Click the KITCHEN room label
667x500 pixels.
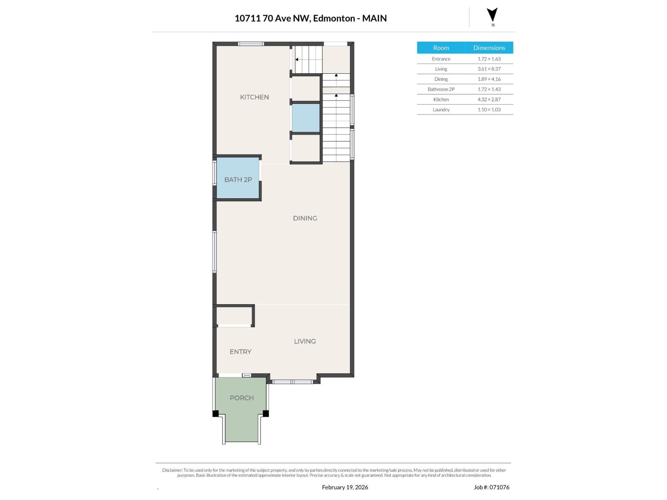click(x=254, y=97)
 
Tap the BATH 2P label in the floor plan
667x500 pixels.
click(x=238, y=180)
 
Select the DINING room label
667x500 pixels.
click(x=305, y=218)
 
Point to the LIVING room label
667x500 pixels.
click(x=304, y=341)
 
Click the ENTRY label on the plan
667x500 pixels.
click(x=240, y=352)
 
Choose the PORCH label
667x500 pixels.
click(x=241, y=397)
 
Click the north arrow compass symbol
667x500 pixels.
click(x=492, y=15)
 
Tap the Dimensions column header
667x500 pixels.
click(x=489, y=47)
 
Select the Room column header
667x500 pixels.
click(x=441, y=47)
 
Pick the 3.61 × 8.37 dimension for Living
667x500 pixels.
click(x=489, y=69)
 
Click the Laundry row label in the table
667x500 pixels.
click(x=441, y=110)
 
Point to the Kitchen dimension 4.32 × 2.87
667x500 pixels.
click(x=489, y=99)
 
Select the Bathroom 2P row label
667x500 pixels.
click(x=441, y=89)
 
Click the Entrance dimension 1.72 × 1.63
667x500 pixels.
click(x=489, y=59)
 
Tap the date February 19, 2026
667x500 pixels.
click(x=345, y=487)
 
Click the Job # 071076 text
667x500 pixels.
click(x=491, y=487)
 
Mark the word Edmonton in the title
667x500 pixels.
click(x=333, y=18)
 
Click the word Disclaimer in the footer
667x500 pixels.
click(x=172, y=470)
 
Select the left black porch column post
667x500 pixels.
click(x=216, y=413)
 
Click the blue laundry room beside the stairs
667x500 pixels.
click(x=306, y=118)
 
